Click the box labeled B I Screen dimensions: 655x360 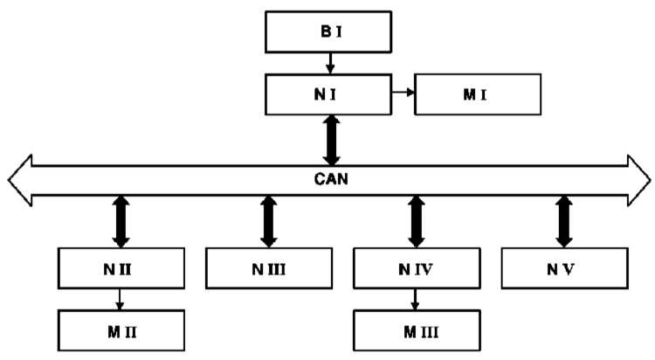coord(328,31)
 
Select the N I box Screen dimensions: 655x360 coord(328,94)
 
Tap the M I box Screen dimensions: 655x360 coord(478,94)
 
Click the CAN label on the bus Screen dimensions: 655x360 coord(331,179)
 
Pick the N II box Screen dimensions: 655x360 coord(121,268)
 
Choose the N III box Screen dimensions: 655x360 coord(269,268)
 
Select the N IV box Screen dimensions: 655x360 coord(417,268)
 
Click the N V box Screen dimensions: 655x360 coord(565,268)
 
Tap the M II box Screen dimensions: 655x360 coord(121,330)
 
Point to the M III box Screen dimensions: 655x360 coord(417,330)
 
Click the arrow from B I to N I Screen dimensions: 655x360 coord(330,63)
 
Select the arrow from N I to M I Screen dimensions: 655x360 coord(403,92)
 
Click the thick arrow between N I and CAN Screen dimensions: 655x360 coord(332,140)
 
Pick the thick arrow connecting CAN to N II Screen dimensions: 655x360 coord(121,222)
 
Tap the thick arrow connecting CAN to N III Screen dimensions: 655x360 coord(269,222)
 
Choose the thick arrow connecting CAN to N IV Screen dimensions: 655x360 coord(417,222)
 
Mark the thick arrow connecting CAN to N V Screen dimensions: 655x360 coord(564,222)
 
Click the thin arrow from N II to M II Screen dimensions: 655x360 coord(120,300)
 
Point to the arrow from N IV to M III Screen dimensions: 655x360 coord(415,300)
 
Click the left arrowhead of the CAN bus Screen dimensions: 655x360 coord(20,180)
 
